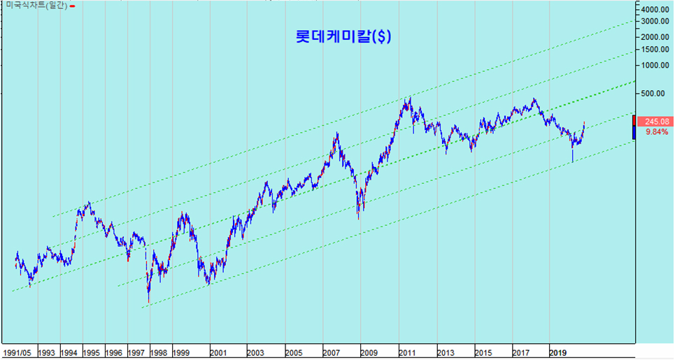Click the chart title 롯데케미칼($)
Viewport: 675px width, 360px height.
coord(343,36)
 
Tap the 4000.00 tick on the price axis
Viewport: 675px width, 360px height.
coord(655,10)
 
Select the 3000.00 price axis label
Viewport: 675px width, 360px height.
coord(655,22)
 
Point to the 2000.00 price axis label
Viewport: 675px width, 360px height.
coord(655,38)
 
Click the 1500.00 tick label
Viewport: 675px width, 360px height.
coord(655,50)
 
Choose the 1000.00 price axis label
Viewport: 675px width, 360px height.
coord(655,66)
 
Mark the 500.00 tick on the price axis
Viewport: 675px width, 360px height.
coord(658,94)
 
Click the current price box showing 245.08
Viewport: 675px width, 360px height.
coord(653,122)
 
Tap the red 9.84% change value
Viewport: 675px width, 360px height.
coord(657,132)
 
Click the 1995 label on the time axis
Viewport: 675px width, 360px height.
coord(91,353)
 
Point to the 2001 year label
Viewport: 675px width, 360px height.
coord(218,353)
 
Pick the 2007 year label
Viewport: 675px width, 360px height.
coord(331,353)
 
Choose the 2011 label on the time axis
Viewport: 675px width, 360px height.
coord(407,353)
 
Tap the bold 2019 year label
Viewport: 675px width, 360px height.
coord(558,353)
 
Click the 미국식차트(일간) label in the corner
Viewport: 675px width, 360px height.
coord(36,6)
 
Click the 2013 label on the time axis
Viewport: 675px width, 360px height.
coord(445,353)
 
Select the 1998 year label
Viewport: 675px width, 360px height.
coord(158,353)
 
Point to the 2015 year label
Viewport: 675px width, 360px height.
coord(483,353)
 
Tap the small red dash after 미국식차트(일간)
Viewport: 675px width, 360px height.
coord(72,6)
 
